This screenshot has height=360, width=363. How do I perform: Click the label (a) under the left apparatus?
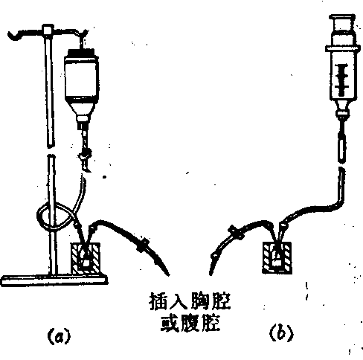(59, 335)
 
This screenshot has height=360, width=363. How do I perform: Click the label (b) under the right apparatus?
(281, 333)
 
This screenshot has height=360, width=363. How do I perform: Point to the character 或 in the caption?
(170, 323)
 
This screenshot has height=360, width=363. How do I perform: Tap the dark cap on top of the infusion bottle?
(81, 52)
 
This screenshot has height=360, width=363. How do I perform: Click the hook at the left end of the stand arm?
(15, 35)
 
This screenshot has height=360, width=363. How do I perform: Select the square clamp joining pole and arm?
(48, 30)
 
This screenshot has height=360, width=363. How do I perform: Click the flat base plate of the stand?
(54, 280)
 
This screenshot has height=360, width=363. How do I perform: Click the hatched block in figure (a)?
(86, 259)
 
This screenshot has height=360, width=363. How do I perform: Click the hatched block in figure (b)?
(277, 258)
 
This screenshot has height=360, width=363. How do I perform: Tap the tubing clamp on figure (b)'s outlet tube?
(236, 232)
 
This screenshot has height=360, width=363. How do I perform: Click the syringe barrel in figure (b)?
(343, 74)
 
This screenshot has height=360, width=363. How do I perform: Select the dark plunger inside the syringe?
(342, 80)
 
